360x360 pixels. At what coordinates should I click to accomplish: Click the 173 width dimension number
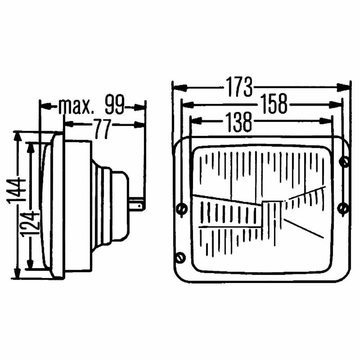239,87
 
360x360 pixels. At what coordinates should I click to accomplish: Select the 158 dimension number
274,104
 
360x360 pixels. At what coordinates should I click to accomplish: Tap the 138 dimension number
239,122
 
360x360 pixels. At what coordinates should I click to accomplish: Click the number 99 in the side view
115,104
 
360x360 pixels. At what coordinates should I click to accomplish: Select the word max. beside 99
76,107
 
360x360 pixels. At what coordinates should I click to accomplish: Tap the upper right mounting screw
344,162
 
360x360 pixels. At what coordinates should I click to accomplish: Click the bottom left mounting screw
180,257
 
